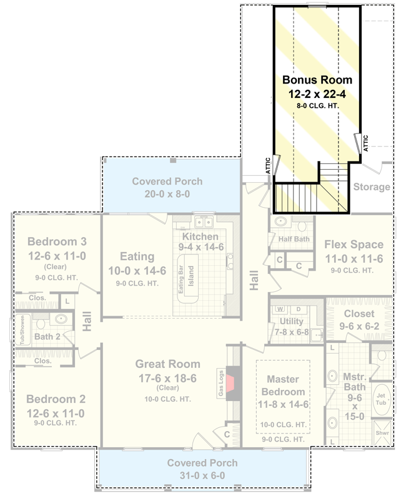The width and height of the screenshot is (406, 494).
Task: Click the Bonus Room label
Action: coord(317,80)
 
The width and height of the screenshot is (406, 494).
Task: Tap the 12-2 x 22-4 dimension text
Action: coord(317,94)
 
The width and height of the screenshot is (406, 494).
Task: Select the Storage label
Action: coord(372,186)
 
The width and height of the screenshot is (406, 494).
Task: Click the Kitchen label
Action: coord(200,237)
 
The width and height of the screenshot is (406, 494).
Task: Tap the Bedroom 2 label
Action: coord(56,399)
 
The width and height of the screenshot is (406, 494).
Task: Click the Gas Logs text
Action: coord(220,381)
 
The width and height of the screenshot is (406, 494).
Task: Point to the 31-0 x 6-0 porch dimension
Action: coord(202,475)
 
